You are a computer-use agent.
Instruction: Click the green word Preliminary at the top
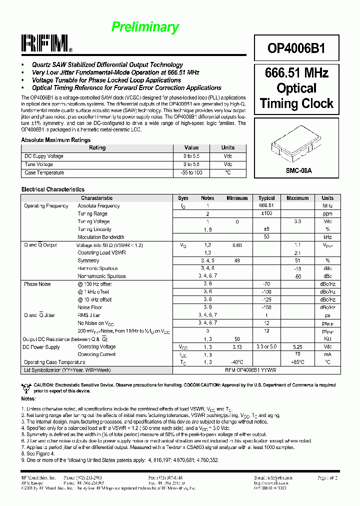pyautogui.click(x=145, y=27)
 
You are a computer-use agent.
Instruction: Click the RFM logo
pyautogui.click(x=46, y=44)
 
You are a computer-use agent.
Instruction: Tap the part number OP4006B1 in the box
pyautogui.click(x=296, y=48)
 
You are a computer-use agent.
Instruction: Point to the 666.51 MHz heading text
pyautogui.click(x=296, y=73)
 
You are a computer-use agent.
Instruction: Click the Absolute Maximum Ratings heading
pyautogui.click(x=56, y=140)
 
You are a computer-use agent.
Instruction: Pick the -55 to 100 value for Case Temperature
pyautogui.click(x=191, y=173)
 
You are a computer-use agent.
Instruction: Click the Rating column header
pyautogui.click(x=97, y=148)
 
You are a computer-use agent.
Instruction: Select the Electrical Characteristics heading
pyautogui.click(x=53, y=189)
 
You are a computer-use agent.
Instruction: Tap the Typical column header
pyautogui.click(x=266, y=198)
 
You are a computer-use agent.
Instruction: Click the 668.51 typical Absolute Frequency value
pyautogui.click(x=266, y=205)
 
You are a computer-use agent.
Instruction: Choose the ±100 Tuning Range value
pyautogui.click(x=266, y=213)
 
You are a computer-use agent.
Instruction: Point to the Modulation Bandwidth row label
pyautogui.click(x=101, y=237)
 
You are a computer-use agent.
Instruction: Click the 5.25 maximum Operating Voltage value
pyautogui.click(x=297, y=346)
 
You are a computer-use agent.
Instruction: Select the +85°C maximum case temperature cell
pyautogui.click(x=297, y=362)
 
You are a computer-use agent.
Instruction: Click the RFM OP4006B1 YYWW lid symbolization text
pyautogui.click(x=250, y=370)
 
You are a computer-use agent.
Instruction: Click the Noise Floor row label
pyautogui.click(x=90, y=307)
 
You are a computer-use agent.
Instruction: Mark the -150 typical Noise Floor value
pyautogui.click(x=266, y=307)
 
